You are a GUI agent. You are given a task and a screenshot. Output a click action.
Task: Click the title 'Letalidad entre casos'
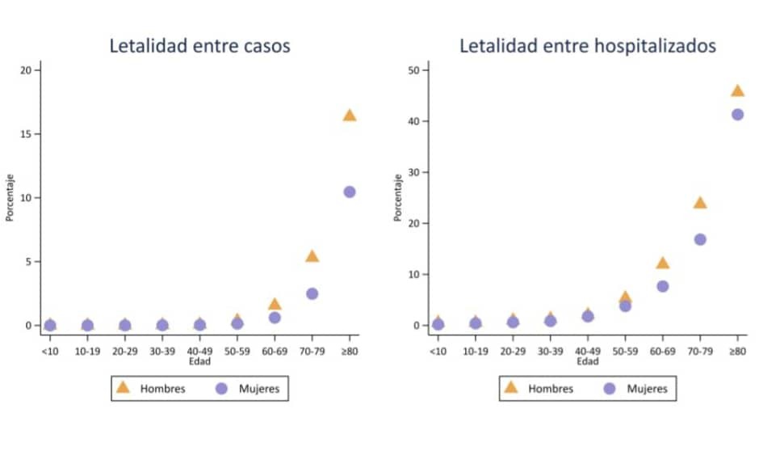coord(199,46)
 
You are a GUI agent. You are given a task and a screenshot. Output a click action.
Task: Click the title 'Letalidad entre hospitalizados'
coord(588,46)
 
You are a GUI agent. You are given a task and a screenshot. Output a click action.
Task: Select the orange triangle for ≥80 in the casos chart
coord(350,116)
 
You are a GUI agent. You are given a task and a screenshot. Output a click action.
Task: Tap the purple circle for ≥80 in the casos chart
coord(350,192)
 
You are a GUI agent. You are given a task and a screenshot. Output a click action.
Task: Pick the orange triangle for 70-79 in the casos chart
coord(312,256)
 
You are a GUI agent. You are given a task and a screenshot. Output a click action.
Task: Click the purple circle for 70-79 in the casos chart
coord(312,293)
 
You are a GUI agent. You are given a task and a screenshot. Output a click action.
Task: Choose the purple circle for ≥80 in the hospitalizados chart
coord(737,114)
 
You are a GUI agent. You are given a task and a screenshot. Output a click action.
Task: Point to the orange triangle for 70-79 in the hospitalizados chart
coord(700,203)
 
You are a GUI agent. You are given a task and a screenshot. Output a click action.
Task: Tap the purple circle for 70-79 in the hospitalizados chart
coord(700,239)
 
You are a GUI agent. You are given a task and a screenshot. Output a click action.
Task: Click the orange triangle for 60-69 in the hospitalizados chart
coord(662,263)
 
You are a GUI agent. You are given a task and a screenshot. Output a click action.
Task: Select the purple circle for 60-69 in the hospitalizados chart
coord(662,286)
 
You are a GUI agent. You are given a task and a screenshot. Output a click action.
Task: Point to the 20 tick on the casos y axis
coord(26,70)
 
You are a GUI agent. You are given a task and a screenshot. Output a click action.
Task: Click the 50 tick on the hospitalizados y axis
coord(413,70)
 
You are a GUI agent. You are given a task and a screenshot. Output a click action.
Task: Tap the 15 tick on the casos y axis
coord(26,134)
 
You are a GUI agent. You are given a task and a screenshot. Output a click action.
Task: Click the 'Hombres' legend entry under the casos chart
coord(162,389)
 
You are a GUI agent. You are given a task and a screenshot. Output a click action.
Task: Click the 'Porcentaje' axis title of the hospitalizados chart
coord(397,198)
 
